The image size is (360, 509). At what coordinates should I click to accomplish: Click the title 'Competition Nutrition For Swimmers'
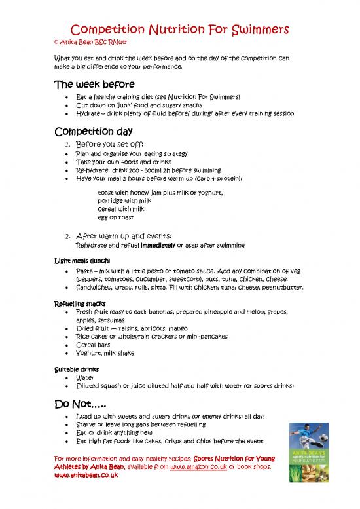click(179, 31)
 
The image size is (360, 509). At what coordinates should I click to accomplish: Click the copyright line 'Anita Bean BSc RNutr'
click(86, 43)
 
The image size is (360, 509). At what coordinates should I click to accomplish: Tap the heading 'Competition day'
click(94, 129)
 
